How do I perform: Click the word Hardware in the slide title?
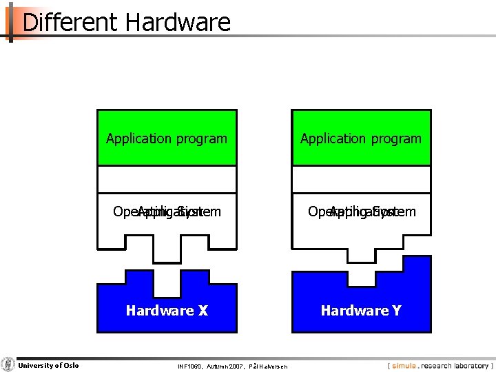tap(178, 23)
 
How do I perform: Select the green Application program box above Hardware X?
tap(167, 138)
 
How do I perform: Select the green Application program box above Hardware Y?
tap(361, 138)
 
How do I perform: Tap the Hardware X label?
tap(167, 311)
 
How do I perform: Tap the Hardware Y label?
tap(361, 311)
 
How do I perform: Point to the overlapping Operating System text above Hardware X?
tap(167, 211)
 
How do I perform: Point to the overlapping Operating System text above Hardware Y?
tap(362, 211)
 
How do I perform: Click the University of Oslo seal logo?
tap(8, 365)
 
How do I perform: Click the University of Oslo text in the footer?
tap(48, 365)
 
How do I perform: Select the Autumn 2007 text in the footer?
tap(225, 366)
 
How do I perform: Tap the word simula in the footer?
tap(404, 366)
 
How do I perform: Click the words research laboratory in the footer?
tap(455, 366)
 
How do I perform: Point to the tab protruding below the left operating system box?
tap(167, 255)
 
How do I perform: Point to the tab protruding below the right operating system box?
tap(361, 255)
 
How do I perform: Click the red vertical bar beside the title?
tap(10, 23)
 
